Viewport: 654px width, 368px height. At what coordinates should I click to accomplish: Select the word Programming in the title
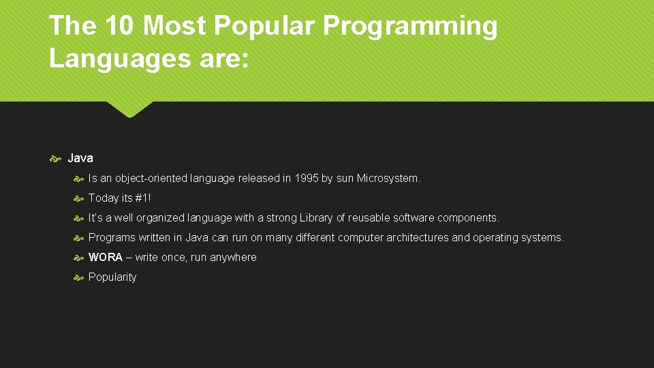[410, 26]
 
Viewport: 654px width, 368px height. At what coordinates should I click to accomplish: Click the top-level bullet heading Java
[80, 158]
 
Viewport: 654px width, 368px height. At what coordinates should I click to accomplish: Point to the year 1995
[305, 179]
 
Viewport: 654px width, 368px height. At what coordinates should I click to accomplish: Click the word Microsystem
[388, 179]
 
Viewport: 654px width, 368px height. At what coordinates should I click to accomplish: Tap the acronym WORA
[106, 258]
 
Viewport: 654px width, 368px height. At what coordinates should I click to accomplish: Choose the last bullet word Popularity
[112, 277]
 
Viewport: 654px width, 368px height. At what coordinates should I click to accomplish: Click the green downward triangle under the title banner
[129, 109]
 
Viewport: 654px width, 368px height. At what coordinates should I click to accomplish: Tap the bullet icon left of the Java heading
[56, 159]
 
